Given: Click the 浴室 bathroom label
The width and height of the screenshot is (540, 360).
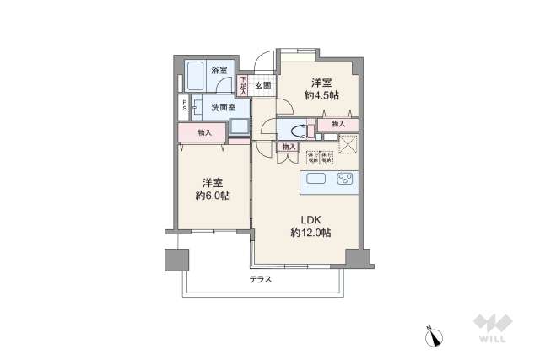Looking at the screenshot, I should (x=219, y=71).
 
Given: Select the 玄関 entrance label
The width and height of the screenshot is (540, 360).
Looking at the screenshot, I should (x=262, y=85).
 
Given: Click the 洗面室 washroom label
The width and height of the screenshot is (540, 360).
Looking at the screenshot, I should (x=224, y=107).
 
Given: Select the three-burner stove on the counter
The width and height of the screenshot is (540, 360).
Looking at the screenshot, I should (x=344, y=179).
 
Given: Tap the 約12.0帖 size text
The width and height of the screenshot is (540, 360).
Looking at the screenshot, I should (x=310, y=233).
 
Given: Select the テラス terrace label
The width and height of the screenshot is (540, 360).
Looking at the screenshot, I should (x=260, y=279).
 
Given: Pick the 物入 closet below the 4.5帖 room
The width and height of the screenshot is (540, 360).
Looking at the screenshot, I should (x=337, y=125).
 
